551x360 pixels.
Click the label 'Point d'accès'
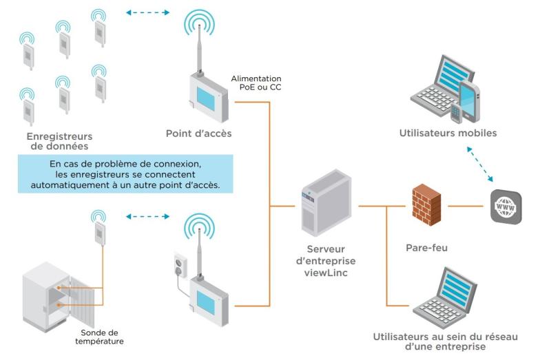(x=198, y=132)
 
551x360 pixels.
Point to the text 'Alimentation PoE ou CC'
(x=256, y=83)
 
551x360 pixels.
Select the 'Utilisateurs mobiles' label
(x=447, y=132)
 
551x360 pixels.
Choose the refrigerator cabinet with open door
(x=59, y=293)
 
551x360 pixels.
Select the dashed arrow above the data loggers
(x=148, y=12)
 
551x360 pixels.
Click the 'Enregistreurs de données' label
(x=59, y=141)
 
